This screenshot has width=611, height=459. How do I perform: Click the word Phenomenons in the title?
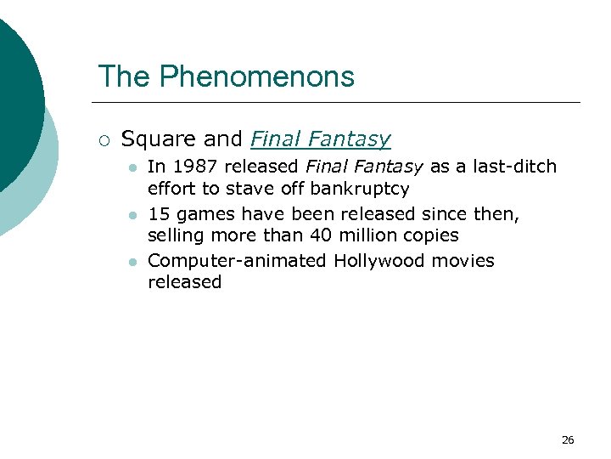[256, 77]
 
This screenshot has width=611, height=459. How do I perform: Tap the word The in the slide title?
[125, 77]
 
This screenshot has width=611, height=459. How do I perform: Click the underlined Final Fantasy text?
[321, 139]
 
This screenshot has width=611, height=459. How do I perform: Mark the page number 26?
[568, 439]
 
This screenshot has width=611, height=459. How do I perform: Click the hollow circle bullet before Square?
[104, 139]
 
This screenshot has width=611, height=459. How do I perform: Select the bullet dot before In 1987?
[132, 167]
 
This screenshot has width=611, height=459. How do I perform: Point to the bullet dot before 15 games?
[132, 215]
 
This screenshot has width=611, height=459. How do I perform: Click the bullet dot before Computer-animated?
[132, 262]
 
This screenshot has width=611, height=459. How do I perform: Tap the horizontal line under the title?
[339, 102]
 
